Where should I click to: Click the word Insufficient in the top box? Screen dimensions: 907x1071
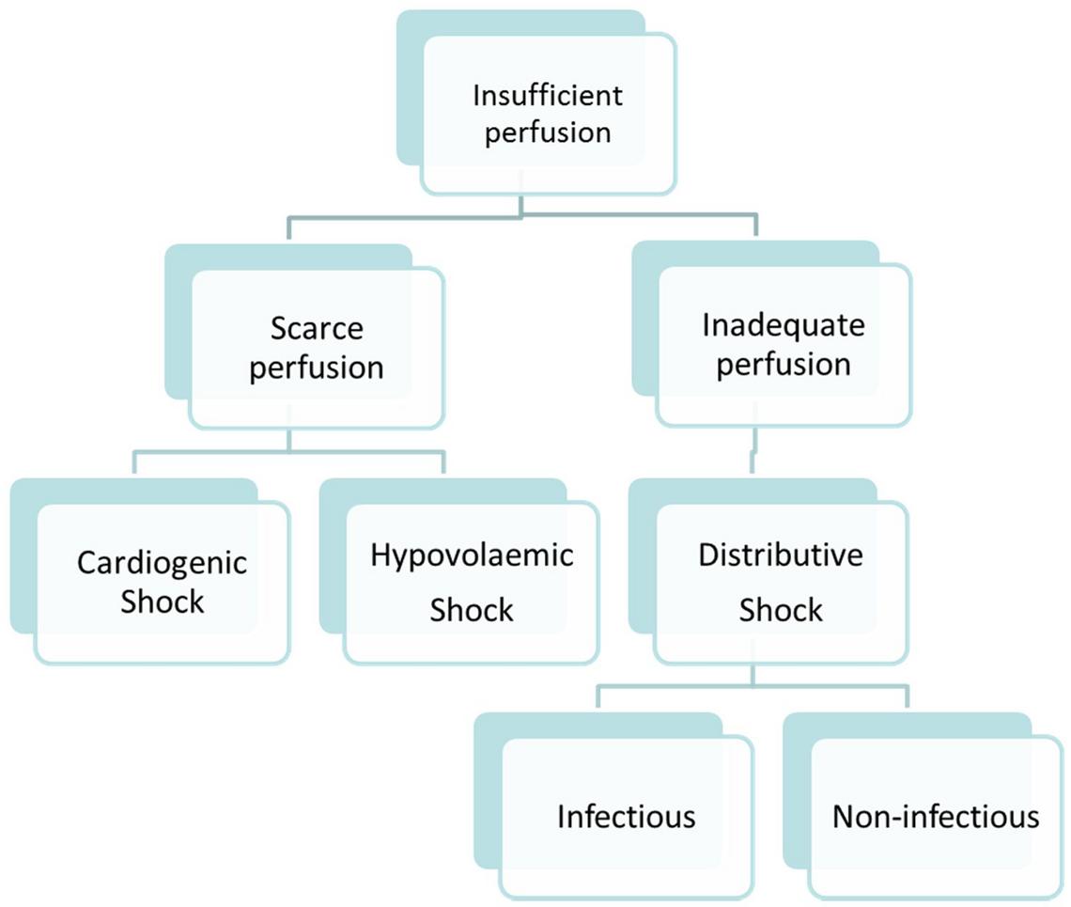pos(548,96)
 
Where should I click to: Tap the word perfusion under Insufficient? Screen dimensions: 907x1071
pos(548,132)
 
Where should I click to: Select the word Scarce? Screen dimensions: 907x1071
pos(317,330)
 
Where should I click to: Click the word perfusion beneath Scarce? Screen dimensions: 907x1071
pos(317,367)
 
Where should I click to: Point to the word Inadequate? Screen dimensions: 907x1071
pos(784,326)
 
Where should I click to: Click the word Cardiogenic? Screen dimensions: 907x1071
pos(162,563)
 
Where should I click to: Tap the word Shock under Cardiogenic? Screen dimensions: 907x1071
pos(162,602)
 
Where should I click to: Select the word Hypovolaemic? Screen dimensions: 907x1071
pos(472,555)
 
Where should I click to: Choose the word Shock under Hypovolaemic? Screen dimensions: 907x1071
pos(472,610)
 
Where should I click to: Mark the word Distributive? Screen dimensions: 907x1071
pos(781,555)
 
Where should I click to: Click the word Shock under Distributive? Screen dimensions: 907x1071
pos(781,610)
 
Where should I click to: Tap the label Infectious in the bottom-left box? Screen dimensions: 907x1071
pos(627,816)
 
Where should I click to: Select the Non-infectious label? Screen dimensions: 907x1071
pos(936,816)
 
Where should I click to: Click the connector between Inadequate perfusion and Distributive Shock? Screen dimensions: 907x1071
pos(752,453)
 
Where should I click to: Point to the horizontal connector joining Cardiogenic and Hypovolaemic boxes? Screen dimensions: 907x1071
pos(288,452)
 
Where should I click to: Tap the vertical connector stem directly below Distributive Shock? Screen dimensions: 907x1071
pos(752,674)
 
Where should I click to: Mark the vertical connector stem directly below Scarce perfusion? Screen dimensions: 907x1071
pos(288,440)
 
